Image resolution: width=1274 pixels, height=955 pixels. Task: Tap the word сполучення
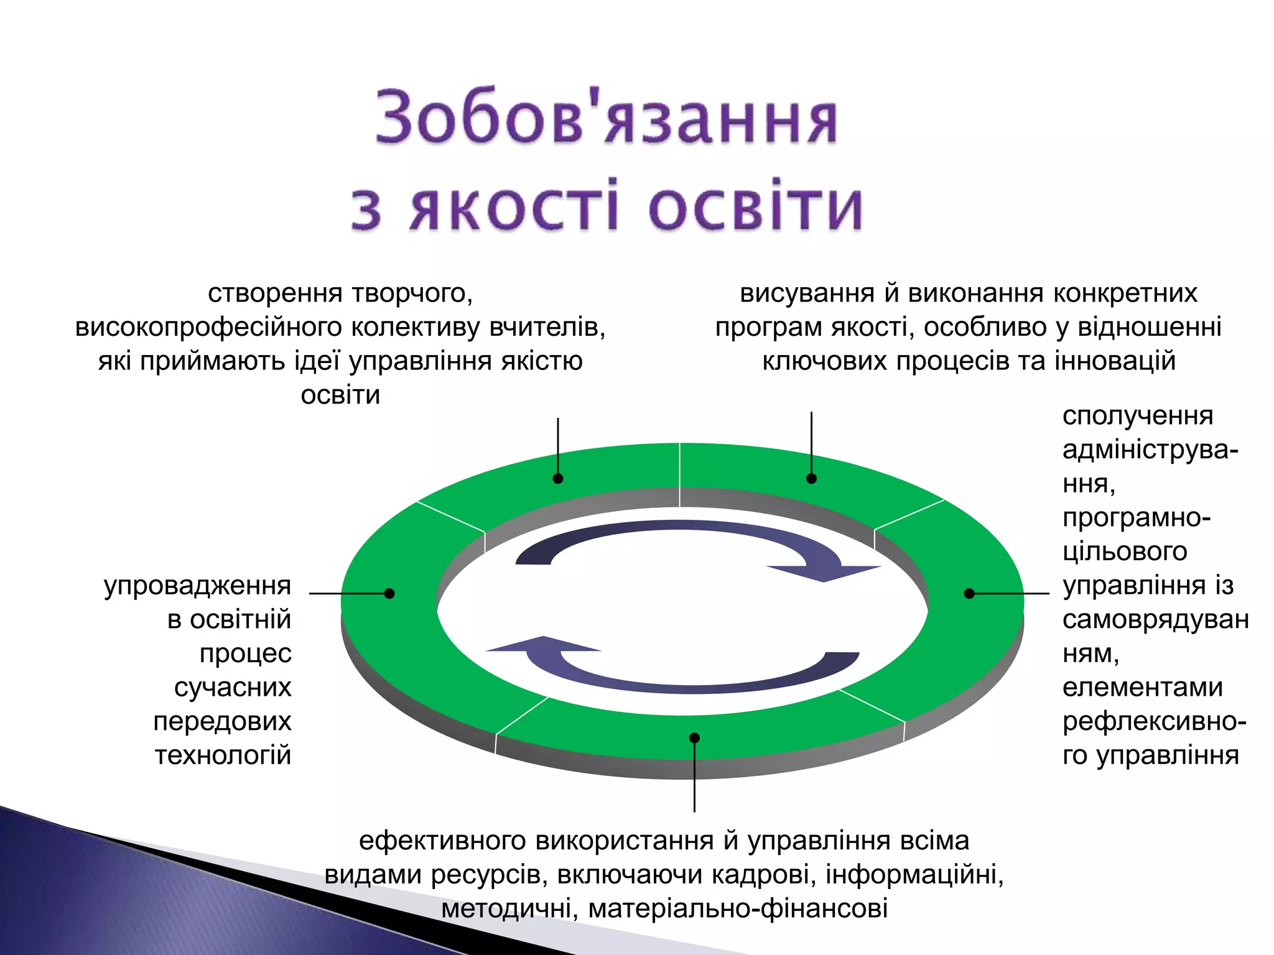click(1137, 416)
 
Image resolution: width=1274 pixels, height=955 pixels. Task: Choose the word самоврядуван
click(1155, 620)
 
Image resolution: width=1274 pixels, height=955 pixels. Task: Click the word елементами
click(1142, 688)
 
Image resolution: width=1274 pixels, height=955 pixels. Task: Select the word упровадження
click(197, 586)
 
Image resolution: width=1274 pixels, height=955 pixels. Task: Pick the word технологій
click(223, 755)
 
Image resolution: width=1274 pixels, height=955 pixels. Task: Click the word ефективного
click(443, 841)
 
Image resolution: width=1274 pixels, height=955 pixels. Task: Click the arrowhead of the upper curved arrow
click(824, 573)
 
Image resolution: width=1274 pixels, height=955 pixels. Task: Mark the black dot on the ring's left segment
click(389, 593)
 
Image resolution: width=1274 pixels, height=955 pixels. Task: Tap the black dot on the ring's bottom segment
click(695, 738)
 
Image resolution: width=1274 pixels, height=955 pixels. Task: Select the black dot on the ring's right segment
click(969, 593)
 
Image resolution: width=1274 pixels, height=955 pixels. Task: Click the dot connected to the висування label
click(811, 479)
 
